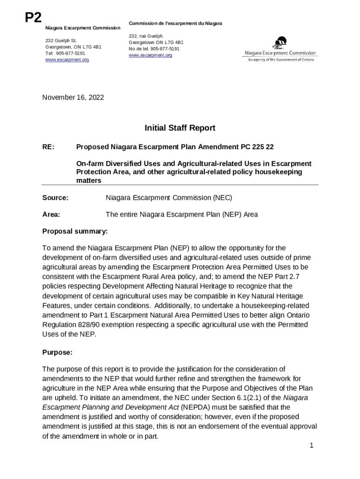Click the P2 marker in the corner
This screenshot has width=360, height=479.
(x=33, y=18)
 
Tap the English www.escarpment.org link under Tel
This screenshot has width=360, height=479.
(x=67, y=60)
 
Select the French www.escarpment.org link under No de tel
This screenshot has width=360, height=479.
(x=150, y=55)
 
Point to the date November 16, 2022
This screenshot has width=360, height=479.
(x=73, y=97)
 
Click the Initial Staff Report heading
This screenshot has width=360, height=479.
(x=180, y=128)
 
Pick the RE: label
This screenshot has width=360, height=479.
(x=49, y=147)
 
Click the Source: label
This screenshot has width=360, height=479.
(x=56, y=198)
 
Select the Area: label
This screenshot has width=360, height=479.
(x=51, y=215)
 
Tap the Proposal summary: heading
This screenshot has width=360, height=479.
(x=75, y=231)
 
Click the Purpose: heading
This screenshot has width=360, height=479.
(x=57, y=352)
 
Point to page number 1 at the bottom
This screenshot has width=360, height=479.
(x=311, y=446)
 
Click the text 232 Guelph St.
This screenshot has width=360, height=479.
(x=61, y=41)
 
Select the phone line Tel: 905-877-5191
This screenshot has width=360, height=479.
(x=65, y=53)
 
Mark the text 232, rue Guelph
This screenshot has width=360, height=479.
(x=145, y=36)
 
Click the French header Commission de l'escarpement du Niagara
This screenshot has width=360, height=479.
(x=175, y=23)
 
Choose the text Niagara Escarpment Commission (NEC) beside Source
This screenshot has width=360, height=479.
(x=169, y=198)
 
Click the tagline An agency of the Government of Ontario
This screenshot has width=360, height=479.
(x=281, y=59)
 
